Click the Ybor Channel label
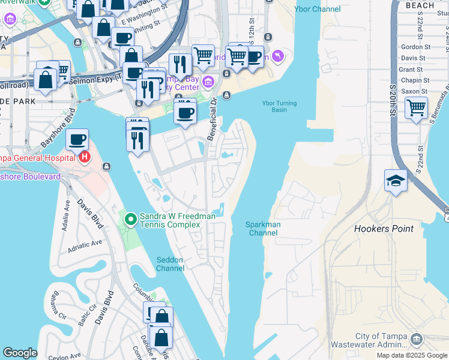(318, 9)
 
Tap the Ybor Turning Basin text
(279, 106)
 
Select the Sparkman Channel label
(263, 229)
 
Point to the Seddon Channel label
(170, 264)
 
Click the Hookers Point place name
(384, 229)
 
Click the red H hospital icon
(85, 158)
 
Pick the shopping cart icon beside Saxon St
(416, 108)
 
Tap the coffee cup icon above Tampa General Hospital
(77, 140)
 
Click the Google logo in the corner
(20, 353)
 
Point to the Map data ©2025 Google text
(412, 355)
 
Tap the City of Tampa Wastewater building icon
(416, 340)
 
